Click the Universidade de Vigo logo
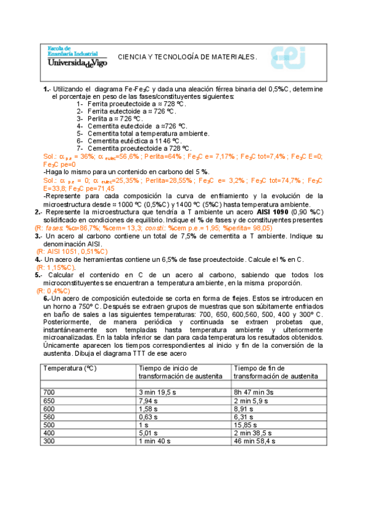76,56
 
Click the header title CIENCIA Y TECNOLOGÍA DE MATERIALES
187,56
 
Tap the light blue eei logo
289,57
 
